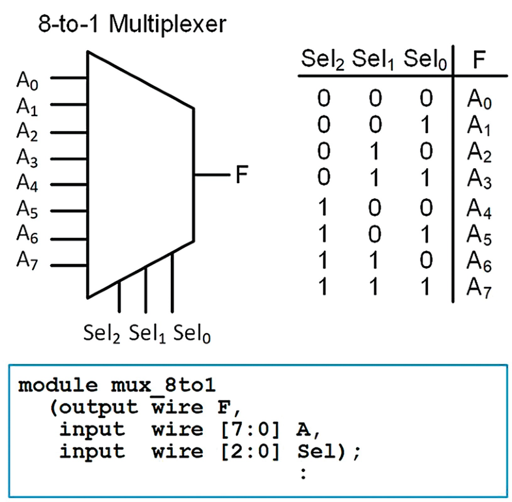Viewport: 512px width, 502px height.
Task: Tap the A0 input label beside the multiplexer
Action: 28,83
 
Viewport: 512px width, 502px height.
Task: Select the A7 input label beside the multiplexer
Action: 28,260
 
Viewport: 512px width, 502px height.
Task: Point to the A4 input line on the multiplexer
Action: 69,185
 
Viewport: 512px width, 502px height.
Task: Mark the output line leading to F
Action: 209,175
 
